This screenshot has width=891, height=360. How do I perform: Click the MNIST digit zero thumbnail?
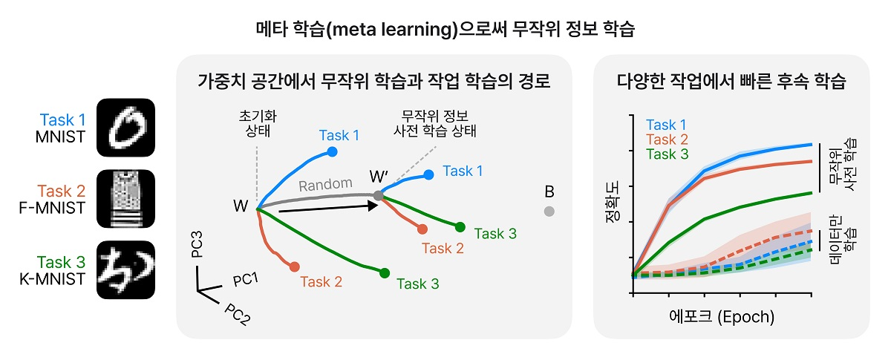coord(125,127)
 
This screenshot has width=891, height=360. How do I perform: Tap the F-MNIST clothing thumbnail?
coord(125,198)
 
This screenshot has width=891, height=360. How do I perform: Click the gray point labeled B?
coord(549,212)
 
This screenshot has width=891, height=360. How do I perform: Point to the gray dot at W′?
coord(378,195)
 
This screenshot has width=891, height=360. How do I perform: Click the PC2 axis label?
coord(236,316)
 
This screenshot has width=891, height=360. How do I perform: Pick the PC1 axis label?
coord(246,281)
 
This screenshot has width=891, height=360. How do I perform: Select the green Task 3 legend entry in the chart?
coord(668,154)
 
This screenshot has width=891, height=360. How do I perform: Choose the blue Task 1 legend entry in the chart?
coord(668,124)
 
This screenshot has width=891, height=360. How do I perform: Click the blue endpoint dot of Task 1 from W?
coord(332,152)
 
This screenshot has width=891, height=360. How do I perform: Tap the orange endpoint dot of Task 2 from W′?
coord(422,230)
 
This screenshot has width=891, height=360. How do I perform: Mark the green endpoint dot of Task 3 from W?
coord(384,273)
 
